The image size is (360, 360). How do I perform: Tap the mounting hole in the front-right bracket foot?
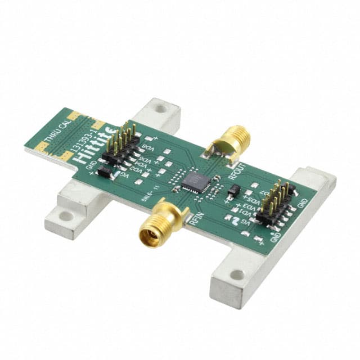point(238,275)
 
